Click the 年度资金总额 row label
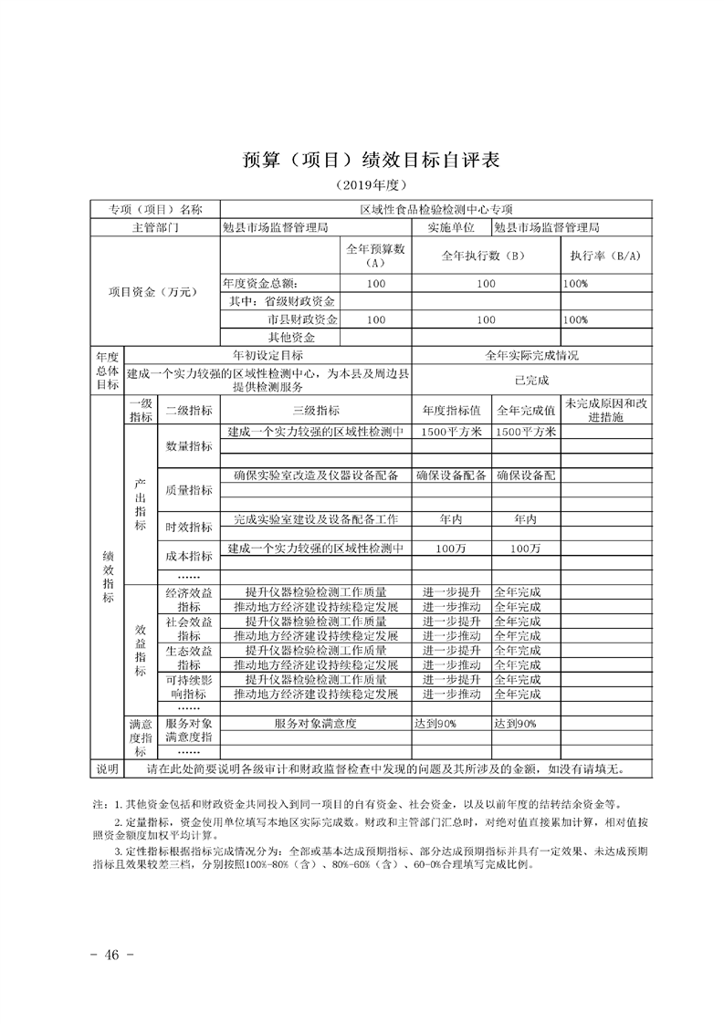coord(261,284)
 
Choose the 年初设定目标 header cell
coord(268,355)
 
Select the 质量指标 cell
coord(189,489)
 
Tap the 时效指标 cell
coord(189,527)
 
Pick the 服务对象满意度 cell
coord(315,724)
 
